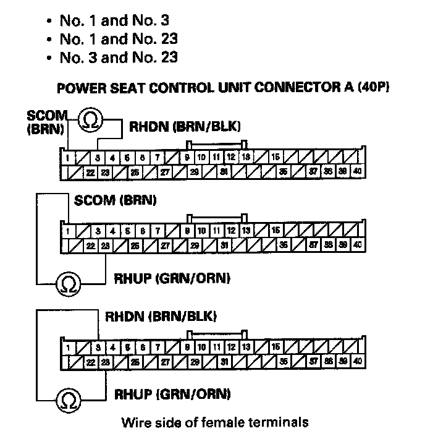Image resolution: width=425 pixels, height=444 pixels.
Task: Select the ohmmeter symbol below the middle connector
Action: (x=67, y=284)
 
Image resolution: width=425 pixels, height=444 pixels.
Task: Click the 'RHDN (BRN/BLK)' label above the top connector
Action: (x=185, y=127)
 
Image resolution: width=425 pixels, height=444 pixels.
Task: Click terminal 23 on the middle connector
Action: (x=106, y=245)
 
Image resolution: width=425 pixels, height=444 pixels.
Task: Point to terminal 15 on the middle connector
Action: (x=275, y=231)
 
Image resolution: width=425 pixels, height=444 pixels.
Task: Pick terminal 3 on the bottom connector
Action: (x=98, y=347)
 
